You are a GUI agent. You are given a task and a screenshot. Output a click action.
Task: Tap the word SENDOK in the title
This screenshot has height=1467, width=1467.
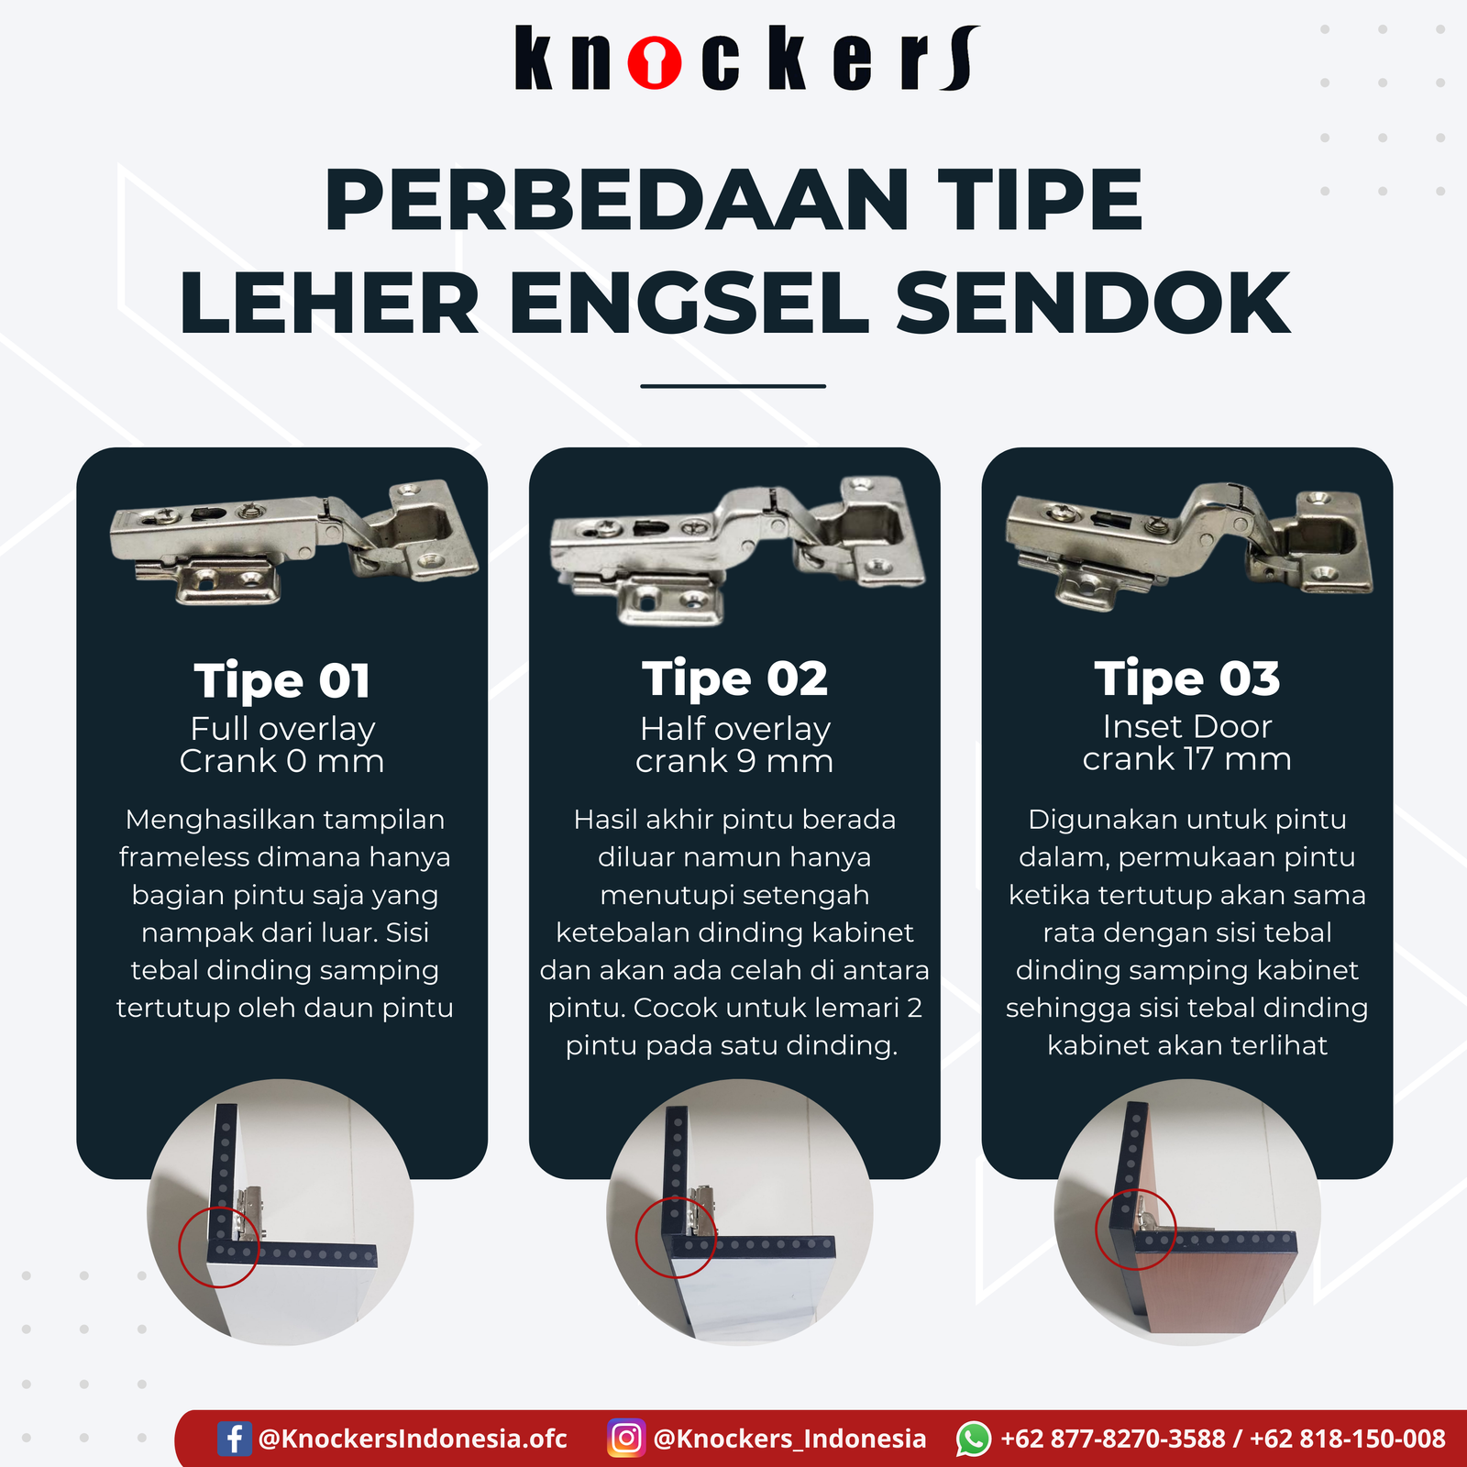[1093, 303]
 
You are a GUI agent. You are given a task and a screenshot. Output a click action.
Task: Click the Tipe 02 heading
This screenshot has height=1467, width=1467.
[734, 680]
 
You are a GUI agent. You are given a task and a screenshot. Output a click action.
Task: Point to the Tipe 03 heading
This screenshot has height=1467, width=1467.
[1187, 680]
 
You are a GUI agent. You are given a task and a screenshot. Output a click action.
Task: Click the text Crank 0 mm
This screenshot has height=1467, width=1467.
[282, 761]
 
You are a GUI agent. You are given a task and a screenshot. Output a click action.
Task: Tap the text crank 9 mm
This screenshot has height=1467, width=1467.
[734, 761]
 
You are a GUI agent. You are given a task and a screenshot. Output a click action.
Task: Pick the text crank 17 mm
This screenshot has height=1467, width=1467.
[1187, 759]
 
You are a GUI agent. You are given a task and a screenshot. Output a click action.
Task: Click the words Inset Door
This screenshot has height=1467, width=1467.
[1187, 727]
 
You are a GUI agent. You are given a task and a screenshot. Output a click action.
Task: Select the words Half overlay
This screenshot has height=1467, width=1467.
[735, 730]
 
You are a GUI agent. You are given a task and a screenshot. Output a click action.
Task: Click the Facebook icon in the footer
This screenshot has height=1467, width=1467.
[235, 1438]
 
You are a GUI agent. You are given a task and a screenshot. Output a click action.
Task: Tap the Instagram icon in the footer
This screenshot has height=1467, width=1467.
[626, 1438]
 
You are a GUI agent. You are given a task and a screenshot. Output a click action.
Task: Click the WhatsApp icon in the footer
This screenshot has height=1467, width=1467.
[974, 1439]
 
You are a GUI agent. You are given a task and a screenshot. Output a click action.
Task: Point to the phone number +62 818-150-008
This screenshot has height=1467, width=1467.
[1348, 1439]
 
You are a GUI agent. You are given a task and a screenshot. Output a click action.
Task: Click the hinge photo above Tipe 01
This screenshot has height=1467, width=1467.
[293, 542]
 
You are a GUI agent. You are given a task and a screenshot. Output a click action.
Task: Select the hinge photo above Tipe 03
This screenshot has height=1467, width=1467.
[1189, 546]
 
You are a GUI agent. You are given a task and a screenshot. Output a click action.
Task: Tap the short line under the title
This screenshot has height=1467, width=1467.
[733, 386]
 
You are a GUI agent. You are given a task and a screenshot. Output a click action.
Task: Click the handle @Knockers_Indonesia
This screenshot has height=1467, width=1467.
[789, 1439]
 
